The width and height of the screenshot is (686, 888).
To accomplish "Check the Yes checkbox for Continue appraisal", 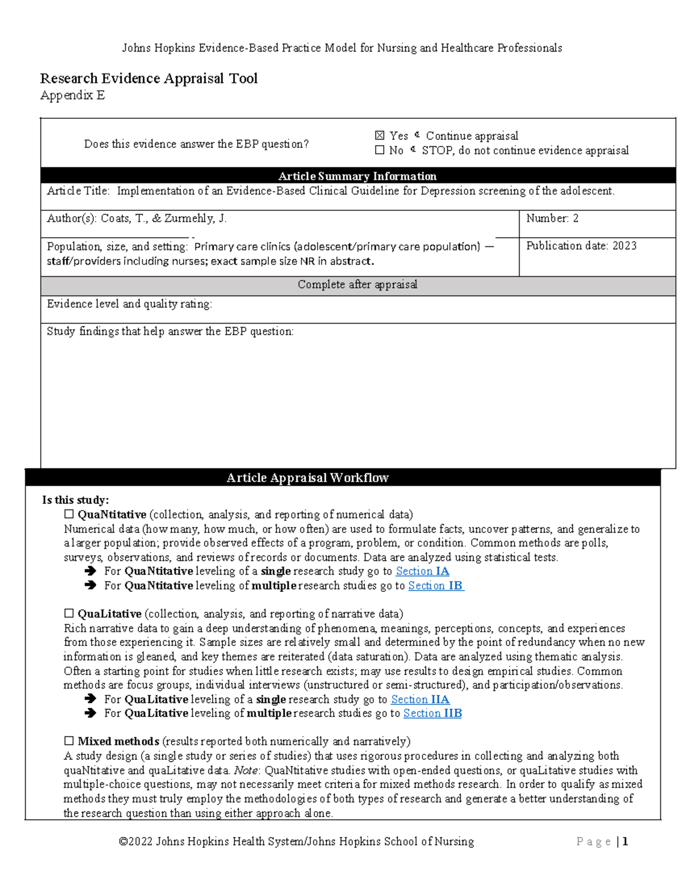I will click(x=380, y=136).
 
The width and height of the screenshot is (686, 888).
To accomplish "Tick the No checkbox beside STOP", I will click(x=380, y=150).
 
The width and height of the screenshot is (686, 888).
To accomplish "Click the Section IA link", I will click(x=422, y=571).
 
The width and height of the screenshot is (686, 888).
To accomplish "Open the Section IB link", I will click(x=436, y=586).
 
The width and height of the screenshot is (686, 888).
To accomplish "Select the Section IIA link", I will click(x=420, y=699).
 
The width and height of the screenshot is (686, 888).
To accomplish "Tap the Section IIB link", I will click(x=432, y=713).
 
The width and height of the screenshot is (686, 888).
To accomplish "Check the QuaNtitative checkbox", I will click(x=69, y=514).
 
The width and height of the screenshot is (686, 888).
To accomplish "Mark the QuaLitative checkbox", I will click(x=69, y=614).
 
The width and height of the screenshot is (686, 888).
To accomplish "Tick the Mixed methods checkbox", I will click(x=69, y=741).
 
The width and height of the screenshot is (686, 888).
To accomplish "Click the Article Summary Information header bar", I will click(x=357, y=176).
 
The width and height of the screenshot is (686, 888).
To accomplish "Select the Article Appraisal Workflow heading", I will click(x=308, y=478).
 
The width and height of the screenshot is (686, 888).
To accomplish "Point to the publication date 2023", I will click(x=624, y=246).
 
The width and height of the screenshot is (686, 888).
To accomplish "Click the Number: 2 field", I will click(x=552, y=218).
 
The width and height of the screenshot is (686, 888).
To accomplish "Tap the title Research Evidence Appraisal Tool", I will click(x=149, y=78).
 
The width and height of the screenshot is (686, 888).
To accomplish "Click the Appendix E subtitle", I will click(x=73, y=95).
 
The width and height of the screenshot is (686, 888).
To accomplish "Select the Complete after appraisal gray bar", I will click(x=357, y=285).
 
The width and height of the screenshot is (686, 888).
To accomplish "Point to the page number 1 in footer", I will click(x=625, y=841).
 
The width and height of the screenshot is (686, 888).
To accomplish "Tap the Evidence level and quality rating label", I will click(x=129, y=304).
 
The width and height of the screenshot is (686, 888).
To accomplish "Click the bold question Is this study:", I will click(x=75, y=500).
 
